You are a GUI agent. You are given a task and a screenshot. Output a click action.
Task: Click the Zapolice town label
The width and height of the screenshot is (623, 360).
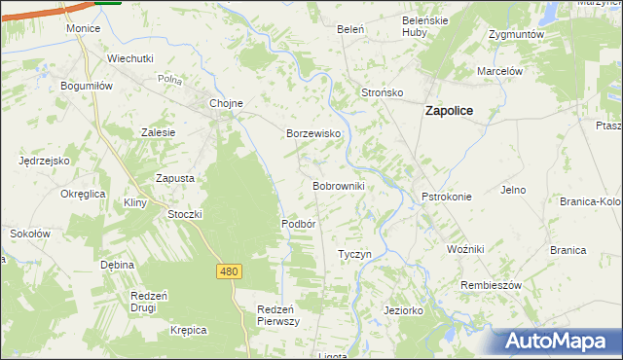pos(449,111)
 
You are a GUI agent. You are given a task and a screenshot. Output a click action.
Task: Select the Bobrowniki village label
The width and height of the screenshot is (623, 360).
pos(338,185)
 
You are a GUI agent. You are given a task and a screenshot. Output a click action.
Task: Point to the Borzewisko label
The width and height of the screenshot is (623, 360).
pos(311,133)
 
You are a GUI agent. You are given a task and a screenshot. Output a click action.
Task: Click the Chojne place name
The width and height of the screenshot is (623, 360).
pos(226,103)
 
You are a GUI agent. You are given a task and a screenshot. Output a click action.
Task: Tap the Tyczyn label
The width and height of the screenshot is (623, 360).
pos(354,254)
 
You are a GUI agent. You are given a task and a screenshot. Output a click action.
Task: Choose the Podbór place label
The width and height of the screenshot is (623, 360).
pos(299,223)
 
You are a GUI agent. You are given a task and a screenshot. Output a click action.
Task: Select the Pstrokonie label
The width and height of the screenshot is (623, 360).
pos(446,197)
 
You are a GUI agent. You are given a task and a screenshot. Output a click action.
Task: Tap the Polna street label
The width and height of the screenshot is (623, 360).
pos(169,80)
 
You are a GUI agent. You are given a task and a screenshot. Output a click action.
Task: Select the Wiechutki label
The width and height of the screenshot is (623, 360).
pos(130,58)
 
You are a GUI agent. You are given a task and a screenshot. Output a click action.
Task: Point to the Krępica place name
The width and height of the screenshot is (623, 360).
pos(188,330)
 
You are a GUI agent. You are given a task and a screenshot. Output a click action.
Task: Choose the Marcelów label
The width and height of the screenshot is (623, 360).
pos(500,71)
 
